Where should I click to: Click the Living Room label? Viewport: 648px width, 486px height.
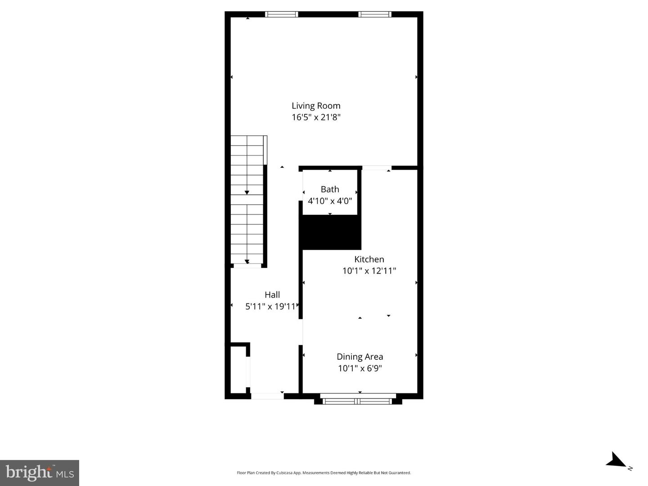tap(316, 106)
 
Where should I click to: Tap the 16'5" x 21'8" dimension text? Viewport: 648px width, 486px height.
tap(316, 117)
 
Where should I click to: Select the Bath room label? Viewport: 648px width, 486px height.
tap(330, 189)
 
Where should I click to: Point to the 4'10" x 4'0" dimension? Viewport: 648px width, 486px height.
tap(330, 201)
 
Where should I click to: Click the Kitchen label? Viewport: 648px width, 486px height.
tap(369, 259)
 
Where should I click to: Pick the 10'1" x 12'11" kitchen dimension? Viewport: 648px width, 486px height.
tap(369, 271)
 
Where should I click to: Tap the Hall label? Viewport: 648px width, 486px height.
tap(272, 295)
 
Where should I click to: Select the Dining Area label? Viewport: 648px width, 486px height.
tap(360, 357)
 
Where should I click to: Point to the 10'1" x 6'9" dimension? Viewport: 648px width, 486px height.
tap(360, 368)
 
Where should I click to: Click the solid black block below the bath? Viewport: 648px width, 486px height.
tap(331, 232)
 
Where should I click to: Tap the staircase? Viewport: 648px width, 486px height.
tap(247, 200)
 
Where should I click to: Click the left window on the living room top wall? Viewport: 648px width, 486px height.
tap(282, 14)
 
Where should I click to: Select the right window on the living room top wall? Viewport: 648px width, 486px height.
tap(375, 14)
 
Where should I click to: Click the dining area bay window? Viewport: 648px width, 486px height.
tap(358, 400)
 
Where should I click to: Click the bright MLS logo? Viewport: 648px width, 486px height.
tap(40, 473)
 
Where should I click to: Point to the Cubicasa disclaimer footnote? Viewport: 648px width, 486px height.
tap(324, 473)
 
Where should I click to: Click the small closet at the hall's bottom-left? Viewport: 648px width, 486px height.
tap(238, 369)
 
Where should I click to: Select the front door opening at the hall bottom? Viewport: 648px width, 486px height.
tap(267, 396)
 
